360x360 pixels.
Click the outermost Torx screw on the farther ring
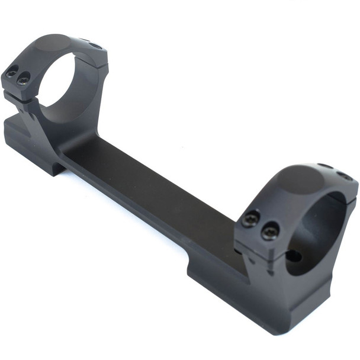tap(12, 73)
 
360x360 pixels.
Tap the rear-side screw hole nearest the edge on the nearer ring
tap(344, 176)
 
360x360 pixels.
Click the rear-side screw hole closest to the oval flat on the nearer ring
tap(324, 166)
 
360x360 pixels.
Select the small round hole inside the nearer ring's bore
tap(292, 256)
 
